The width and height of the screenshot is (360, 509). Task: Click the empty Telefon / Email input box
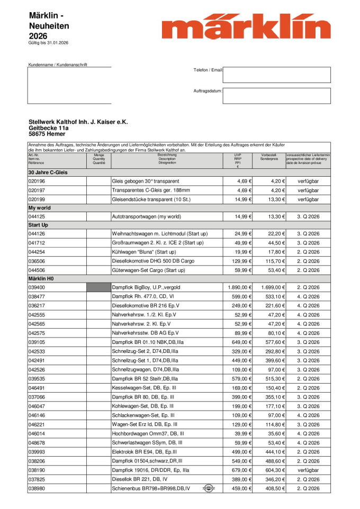point(276,75)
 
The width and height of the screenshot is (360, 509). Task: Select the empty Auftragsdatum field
point(276,96)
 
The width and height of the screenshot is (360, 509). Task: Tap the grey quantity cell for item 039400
point(98,287)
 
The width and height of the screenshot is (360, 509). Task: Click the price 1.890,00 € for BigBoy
point(237,287)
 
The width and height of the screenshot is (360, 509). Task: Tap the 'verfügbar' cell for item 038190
point(308,470)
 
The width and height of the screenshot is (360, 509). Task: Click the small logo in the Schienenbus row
point(209,488)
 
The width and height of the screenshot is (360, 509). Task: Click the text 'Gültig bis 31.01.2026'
point(48,43)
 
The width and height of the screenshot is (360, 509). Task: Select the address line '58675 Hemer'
point(47,134)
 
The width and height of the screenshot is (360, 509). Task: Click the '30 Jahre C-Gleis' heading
point(48,172)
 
